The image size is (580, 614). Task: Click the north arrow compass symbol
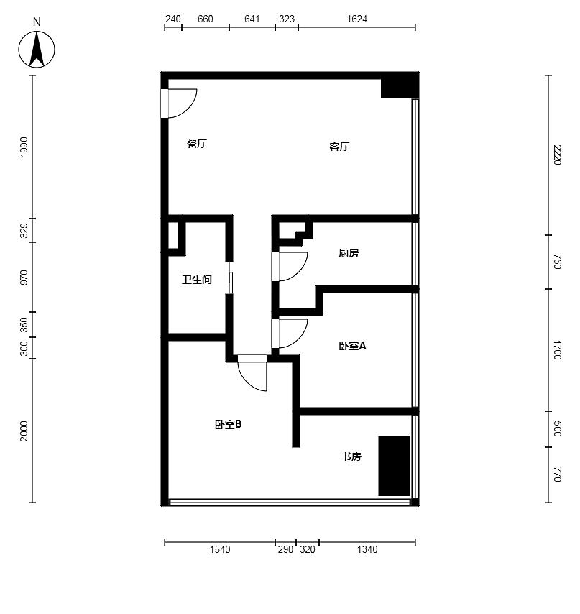click(37, 50)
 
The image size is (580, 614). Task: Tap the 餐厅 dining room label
click(197, 144)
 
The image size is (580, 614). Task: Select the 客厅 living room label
click(339, 147)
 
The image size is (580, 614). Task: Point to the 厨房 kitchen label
click(349, 253)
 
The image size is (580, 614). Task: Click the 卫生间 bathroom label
click(197, 280)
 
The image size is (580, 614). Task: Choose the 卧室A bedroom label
click(352, 346)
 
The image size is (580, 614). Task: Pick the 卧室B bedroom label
click(228, 424)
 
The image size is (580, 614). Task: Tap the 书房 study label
click(351, 457)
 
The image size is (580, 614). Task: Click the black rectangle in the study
click(394, 466)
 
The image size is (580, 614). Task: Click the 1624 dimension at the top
click(357, 19)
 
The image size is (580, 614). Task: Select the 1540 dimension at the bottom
click(220, 549)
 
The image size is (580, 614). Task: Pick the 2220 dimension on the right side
click(557, 155)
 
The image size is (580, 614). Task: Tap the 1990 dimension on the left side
click(24, 147)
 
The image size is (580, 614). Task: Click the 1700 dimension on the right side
click(557, 350)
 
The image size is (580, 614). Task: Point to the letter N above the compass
click(37, 22)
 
